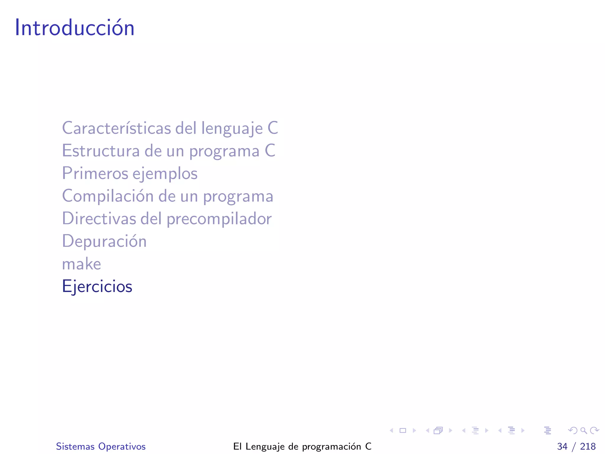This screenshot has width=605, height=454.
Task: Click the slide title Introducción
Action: (74, 28)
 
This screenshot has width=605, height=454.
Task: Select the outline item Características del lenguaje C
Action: (170, 128)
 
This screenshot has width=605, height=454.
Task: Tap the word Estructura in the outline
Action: (100, 151)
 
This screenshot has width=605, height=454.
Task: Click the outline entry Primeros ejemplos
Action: (130, 174)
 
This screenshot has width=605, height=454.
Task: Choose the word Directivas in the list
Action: (99, 219)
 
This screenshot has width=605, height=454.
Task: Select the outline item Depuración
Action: (104, 241)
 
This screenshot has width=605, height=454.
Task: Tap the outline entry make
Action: (82, 264)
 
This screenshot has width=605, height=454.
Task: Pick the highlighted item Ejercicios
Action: (97, 286)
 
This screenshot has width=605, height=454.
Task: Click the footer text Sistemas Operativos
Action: (101, 446)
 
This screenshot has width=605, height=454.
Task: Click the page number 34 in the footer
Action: (562, 446)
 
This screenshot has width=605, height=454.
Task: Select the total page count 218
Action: (588, 446)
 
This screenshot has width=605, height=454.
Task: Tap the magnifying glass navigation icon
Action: (583, 430)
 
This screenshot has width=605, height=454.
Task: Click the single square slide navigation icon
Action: (403, 430)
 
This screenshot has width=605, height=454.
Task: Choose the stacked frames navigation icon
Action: (438, 430)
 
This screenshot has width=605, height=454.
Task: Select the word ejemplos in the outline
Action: (165, 174)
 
